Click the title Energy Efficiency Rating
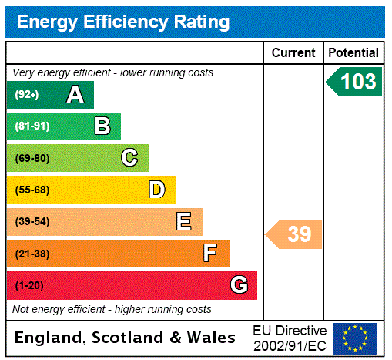pyautogui.click(x=123, y=22)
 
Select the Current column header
pyautogui.click(x=293, y=53)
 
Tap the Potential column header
pyautogui.click(x=353, y=53)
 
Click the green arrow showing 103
pyautogui.click(x=355, y=82)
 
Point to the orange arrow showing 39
pyautogui.click(x=295, y=234)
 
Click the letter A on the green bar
pyautogui.click(x=75, y=95)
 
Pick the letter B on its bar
pyautogui.click(x=102, y=126)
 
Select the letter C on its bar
pyautogui.click(x=129, y=158)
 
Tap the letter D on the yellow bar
pyautogui.click(x=156, y=190)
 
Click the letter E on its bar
pyautogui.click(x=184, y=222)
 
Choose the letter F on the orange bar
pyautogui.click(x=210, y=254)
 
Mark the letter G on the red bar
pyautogui.click(x=239, y=285)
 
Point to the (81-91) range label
pyautogui.click(x=32, y=126)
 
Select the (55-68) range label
pyautogui.click(x=32, y=190)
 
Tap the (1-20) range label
pyautogui.click(x=29, y=285)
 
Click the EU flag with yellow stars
pyautogui.click(x=355, y=338)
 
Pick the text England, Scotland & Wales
pyautogui.click(x=126, y=338)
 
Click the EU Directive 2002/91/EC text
pyautogui.click(x=290, y=338)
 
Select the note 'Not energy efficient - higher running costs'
pyautogui.click(x=112, y=309)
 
